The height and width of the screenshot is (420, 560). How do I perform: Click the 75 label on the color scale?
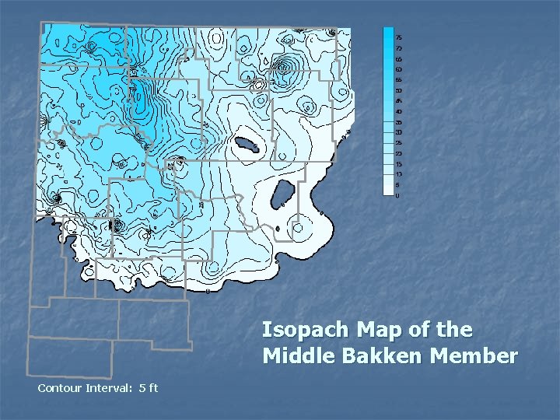[x=399, y=37]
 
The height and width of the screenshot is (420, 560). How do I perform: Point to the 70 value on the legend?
[x=399, y=48]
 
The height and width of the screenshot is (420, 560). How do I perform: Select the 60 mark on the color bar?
[x=399, y=69]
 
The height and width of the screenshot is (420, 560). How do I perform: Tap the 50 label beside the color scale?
[x=399, y=90]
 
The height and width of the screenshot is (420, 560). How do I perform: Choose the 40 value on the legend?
[x=399, y=111]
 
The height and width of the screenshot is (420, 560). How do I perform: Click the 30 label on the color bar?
[x=399, y=132]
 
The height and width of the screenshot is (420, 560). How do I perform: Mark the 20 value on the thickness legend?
[x=399, y=153]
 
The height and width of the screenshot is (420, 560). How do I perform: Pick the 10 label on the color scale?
[x=399, y=174]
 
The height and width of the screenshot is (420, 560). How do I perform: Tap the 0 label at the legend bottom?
[x=397, y=195]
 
